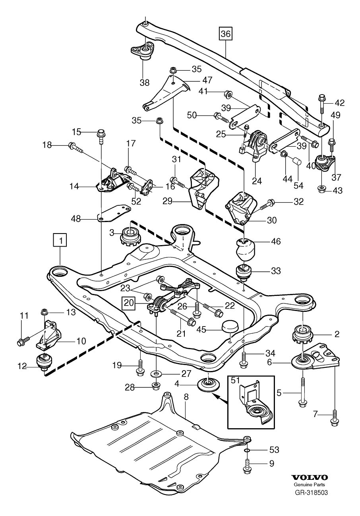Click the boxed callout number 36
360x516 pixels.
(x=225, y=34)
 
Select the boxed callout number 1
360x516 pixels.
(x=61, y=240)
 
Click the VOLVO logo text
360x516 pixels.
(x=310, y=477)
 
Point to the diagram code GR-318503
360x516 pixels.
(x=311, y=493)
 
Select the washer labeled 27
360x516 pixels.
(x=155, y=374)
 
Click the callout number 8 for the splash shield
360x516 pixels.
(x=186, y=408)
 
